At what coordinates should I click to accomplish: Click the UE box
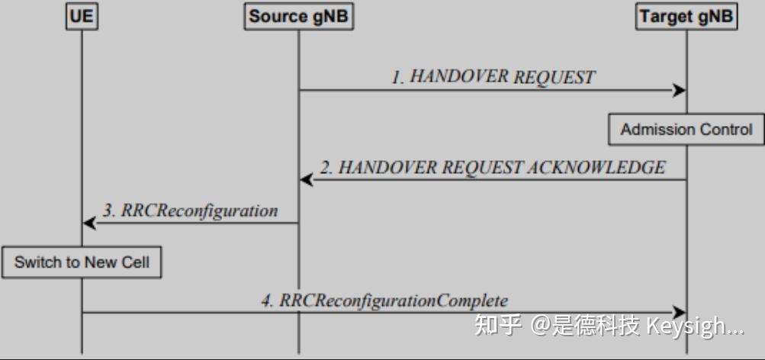pos(82,17)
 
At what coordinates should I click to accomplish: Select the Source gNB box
pos(299,17)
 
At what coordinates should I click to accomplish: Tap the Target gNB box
pos(687,17)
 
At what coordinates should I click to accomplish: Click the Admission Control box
pos(686,130)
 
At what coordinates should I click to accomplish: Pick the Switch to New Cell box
pos(82,263)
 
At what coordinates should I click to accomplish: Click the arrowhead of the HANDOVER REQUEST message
pos(679,91)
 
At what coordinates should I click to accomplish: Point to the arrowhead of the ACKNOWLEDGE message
pos(307,180)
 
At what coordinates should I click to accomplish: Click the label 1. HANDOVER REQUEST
pos(493,77)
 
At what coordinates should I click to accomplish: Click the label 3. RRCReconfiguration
pos(190,211)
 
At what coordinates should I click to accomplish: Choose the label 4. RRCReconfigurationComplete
pos(384,301)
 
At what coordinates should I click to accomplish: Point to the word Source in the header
pos(278,17)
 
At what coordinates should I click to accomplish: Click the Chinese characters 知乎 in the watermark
pos(498,326)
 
